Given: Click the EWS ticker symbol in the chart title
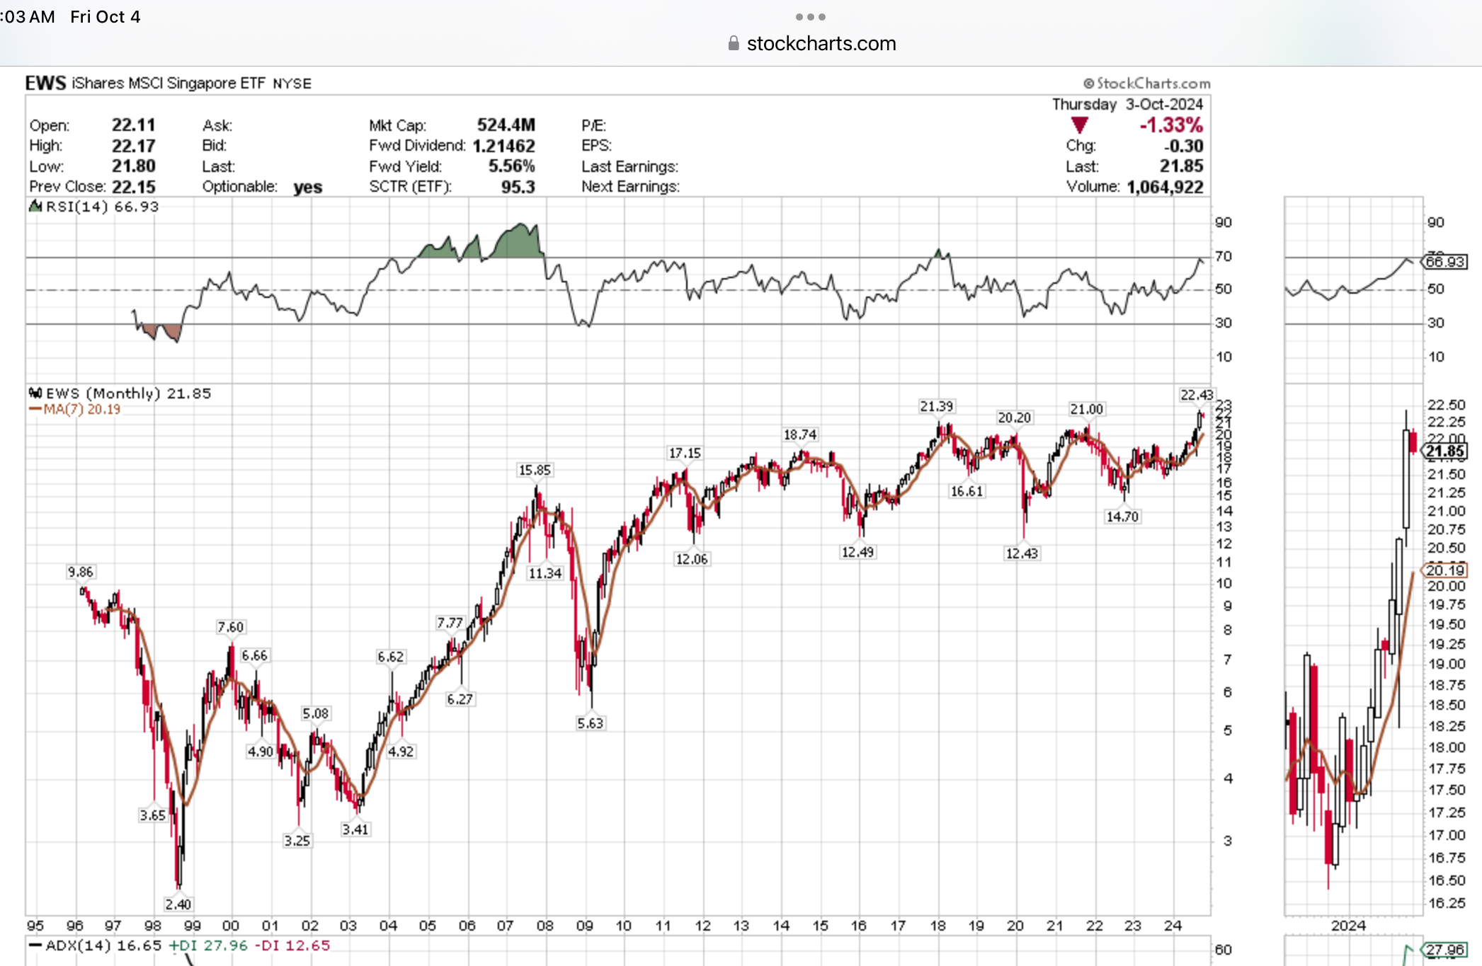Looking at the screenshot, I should [x=45, y=83].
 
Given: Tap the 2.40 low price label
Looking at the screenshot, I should [x=178, y=904].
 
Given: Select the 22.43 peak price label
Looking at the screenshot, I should [x=1196, y=395].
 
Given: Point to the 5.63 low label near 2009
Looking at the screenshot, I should [x=590, y=723].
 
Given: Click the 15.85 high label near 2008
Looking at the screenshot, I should [x=534, y=470].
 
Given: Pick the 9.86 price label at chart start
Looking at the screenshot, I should [x=80, y=572].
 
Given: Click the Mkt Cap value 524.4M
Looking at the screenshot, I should [x=506, y=125].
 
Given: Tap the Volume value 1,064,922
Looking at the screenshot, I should [x=1164, y=187].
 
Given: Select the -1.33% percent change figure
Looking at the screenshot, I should [x=1170, y=125].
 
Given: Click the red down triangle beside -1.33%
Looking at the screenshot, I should [x=1079, y=126].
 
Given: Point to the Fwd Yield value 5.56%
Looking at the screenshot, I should [x=511, y=166].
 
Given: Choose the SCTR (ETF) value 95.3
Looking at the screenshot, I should [x=518, y=187].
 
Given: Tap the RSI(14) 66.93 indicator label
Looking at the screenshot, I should [x=101, y=207].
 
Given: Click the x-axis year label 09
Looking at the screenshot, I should [x=584, y=926].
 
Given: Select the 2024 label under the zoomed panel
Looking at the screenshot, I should [x=1348, y=926].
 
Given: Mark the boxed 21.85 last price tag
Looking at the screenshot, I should [x=1444, y=452].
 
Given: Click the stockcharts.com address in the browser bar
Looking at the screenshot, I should [x=821, y=44].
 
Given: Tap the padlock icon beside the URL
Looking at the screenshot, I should [x=734, y=44].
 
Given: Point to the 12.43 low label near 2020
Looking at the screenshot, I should [x=1021, y=553].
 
